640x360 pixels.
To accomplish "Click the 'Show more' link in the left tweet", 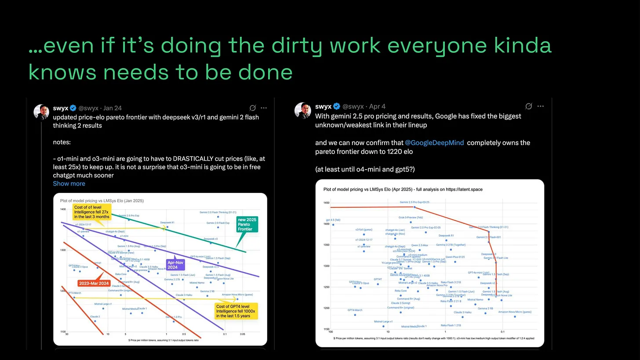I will [x=69, y=184].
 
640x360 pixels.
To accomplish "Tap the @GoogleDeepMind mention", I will [x=434, y=143].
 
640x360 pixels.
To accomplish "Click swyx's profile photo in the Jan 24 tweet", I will [x=41, y=112].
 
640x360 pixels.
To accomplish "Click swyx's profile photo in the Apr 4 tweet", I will [x=303, y=111].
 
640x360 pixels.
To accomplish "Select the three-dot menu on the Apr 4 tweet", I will [x=540, y=106].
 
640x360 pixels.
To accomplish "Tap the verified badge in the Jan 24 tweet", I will [x=73, y=108].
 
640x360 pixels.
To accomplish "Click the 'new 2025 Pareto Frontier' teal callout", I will [x=247, y=224].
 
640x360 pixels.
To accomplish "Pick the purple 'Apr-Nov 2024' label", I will [x=175, y=265].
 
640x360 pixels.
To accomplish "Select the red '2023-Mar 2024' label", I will [x=94, y=284].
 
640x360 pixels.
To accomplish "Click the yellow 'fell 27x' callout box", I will [x=92, y=212].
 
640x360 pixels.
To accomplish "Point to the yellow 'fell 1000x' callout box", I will [x=236, y=311].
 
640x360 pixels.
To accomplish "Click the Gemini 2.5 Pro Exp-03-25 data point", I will [x=415, y=207].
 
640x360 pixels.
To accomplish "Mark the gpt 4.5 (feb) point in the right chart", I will [x=333, y=225].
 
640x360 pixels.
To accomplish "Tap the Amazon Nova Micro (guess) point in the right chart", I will [x=515, y=316].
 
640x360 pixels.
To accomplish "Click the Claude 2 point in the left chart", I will [x=95, y=321].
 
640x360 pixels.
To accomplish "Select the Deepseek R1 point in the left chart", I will [x=167, y=227].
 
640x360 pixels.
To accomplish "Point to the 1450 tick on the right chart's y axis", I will [x=326, y=203].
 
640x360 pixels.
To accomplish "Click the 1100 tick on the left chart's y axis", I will [x=63, y=332].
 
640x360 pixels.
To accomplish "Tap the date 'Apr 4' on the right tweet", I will [x=377, y=107].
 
